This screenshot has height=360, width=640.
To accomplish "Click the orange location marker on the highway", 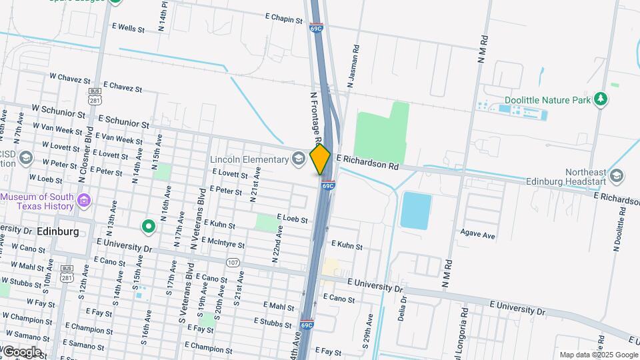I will click(x=321, y=159).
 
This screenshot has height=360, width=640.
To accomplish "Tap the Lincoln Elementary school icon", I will click(x=299, y=159).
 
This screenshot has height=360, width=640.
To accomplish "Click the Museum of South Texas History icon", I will click(x=84, y=201).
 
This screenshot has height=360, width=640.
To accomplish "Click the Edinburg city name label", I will click(x=57, y=231).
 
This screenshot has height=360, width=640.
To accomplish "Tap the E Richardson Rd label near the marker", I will click(x=367, y=163).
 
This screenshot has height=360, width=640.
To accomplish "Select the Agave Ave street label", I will click(x=478, y=235).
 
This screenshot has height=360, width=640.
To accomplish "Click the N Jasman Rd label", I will click(x=354, y=67).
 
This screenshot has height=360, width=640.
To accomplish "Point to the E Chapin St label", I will click(x=284, y=18).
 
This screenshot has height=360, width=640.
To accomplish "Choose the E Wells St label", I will click(x=129, y=28).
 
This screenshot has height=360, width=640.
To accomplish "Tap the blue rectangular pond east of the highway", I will click(x=416, y=211).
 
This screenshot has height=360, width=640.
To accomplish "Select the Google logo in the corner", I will click(x=22, y=351).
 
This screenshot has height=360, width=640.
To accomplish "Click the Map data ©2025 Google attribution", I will click(x=598, y=355).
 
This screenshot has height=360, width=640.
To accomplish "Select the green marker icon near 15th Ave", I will click(x=149, y=227).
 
